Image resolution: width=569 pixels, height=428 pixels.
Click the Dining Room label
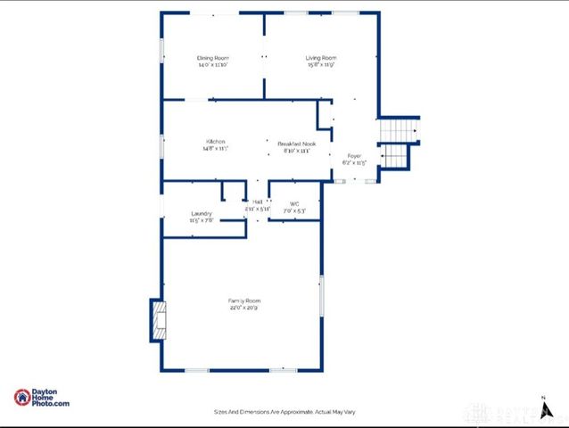coord(214,58)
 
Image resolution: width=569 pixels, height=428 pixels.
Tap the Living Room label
coord(321,58)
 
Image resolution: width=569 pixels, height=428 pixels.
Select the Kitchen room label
coord(215,142)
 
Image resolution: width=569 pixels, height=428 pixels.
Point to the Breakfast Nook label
coord(297,144)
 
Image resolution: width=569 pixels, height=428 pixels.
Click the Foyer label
coord(355,156)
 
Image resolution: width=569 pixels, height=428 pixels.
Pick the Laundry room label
coord(202,213)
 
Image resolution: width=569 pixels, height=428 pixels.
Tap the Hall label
coord(257,202)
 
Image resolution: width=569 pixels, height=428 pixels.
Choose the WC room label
coord(294,203)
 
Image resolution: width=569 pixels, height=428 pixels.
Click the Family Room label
coord(243,300)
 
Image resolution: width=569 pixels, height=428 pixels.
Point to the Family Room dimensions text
coord(243,308)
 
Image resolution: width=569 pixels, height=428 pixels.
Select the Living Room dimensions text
coord(321,65)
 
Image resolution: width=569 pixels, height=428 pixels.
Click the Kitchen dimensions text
coord(215,149)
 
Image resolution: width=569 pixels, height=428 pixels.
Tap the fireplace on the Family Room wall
coord(157,319)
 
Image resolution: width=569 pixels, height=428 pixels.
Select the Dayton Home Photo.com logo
coord(41,399)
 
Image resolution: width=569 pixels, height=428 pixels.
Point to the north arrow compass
coord(543,407)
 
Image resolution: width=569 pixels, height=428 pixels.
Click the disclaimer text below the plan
coord(284,412)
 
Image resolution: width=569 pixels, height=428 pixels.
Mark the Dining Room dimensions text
coord(214,65)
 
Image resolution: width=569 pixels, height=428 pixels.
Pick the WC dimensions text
coord(294,210)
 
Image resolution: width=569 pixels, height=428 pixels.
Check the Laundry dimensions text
coord(202,220)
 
